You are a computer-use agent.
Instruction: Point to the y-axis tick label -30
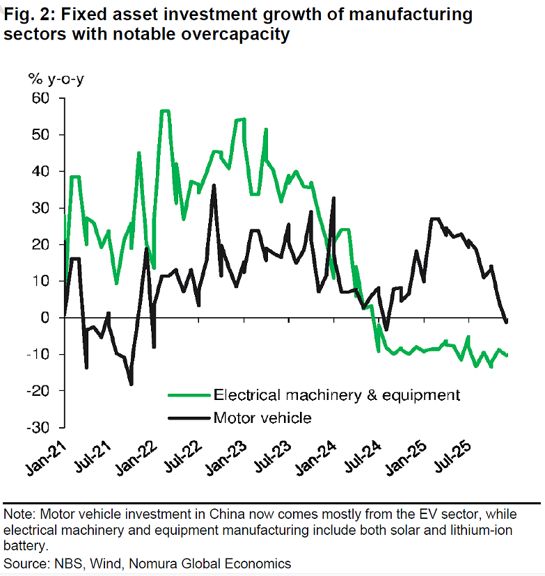[40, 427]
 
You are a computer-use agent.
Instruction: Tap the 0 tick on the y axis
[47, 318]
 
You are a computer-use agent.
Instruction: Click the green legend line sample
[189, 395]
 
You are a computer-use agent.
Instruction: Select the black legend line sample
[189, 417]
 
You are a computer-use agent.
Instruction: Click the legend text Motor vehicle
[262, 417]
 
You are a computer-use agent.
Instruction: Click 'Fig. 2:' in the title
[29, 14]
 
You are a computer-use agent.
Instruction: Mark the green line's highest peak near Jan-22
[164, 111]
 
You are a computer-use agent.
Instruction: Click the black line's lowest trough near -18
[131, 384]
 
